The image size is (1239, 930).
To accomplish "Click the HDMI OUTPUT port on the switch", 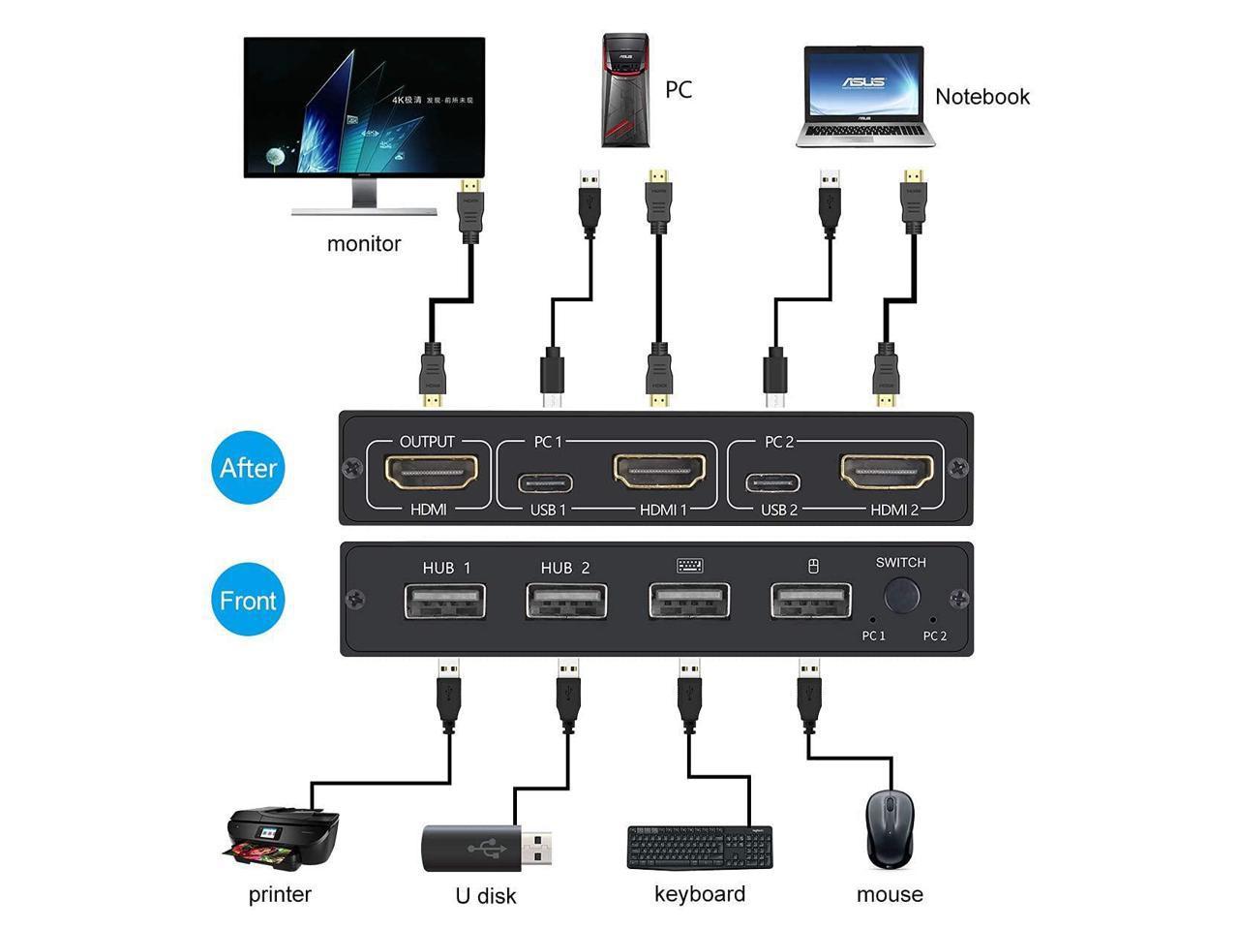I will coord(432,473).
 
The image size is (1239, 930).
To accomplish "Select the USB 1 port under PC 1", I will coord(545,482).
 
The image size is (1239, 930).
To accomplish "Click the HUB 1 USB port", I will coord(445,602).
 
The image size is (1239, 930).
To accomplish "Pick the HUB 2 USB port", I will coord(566,602).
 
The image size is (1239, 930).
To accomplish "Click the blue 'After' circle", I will coord(248,468).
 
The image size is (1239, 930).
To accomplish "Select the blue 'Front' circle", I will coord(248,601).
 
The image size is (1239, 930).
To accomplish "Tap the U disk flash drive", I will coord(487,848).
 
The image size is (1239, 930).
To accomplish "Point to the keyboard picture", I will coord(700,848).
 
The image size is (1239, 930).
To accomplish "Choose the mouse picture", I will coord(889,828).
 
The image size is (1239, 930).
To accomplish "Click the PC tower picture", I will coord(624,90).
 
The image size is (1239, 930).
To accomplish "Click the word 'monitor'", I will coord(364,244).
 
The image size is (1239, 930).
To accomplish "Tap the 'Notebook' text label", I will coord(982,97).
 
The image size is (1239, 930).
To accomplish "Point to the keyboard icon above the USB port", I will coord(690,567).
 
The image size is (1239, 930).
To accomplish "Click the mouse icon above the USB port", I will coord(813,567).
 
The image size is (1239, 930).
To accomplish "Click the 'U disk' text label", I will coord(486,896).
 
